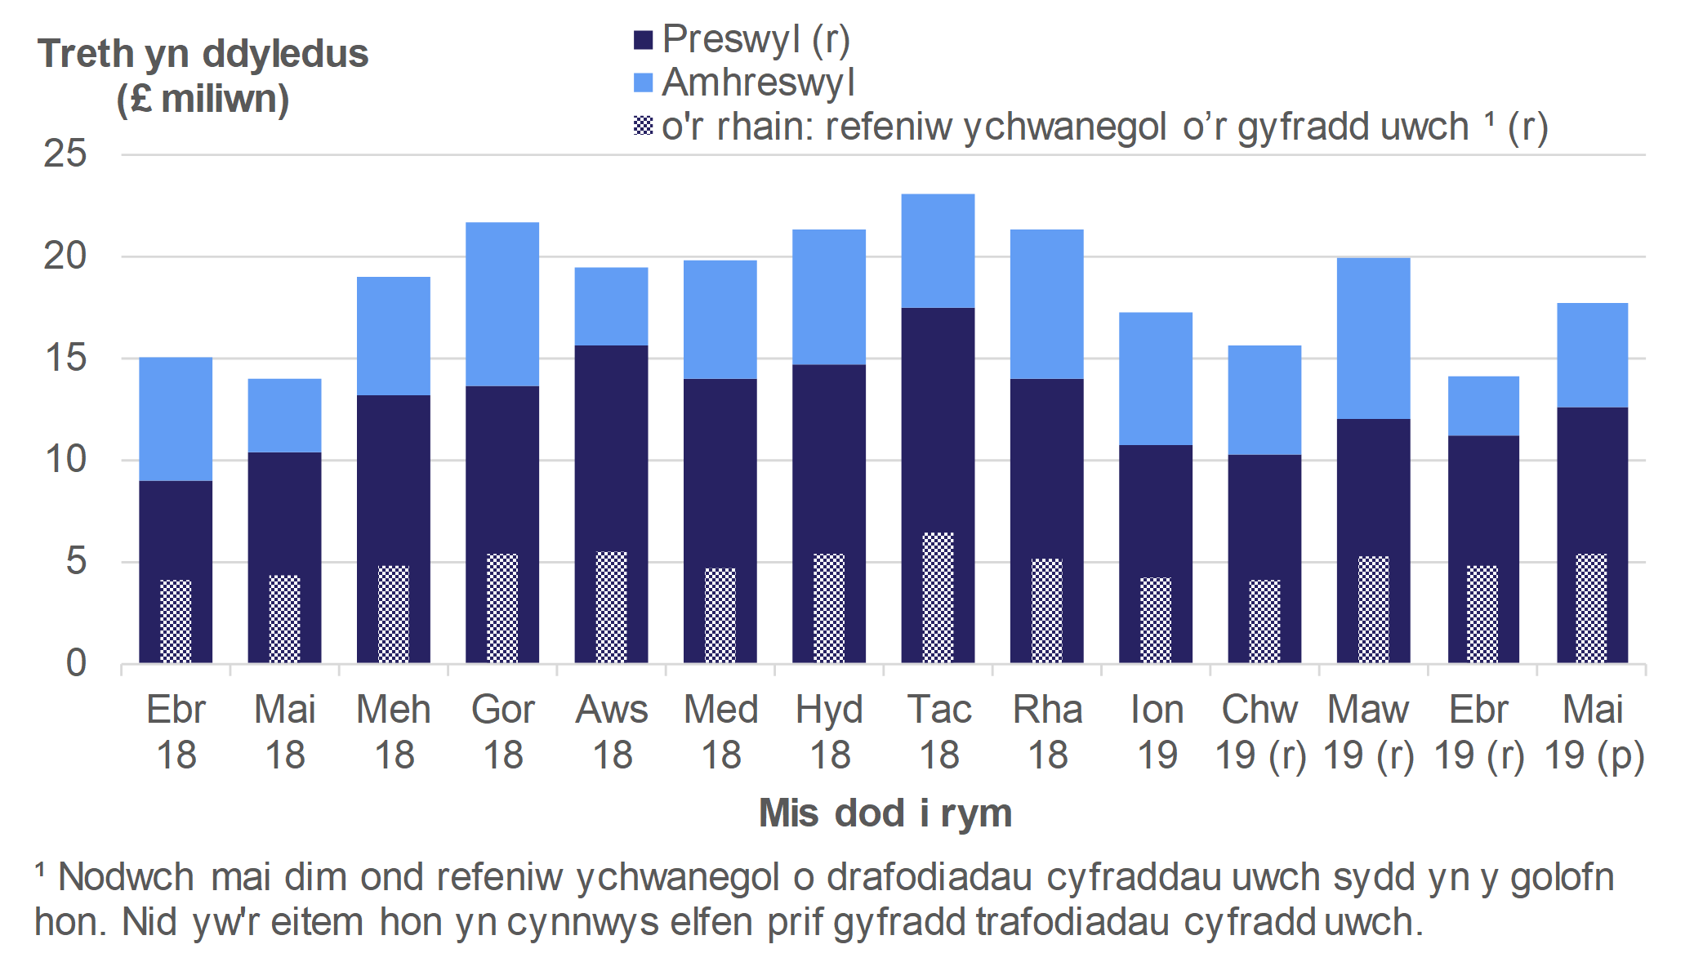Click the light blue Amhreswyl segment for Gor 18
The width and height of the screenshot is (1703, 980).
[x=502, y=304]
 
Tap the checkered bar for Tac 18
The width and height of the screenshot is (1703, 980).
[x=938, y=597]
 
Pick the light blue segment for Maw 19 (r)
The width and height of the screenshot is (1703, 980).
[x=1373, y=338]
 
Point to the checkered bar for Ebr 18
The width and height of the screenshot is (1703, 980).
[x=176, y=621]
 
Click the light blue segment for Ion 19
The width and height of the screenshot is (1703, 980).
[x=1155, y=378]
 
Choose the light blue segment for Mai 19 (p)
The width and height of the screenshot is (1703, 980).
[x=1592, y=355]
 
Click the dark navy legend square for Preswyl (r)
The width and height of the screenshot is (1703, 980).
[x=644, y=40]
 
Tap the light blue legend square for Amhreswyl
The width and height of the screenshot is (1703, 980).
[x=644, y=83]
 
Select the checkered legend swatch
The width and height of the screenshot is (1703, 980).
[x=644, y=126]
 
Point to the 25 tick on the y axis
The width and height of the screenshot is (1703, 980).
[x=65, y=154]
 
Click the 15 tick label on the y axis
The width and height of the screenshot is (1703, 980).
[x=65, y=358]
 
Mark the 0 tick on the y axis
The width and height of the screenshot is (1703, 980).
[x=76, y=663]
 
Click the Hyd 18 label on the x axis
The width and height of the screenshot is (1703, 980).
[x=829, y=732]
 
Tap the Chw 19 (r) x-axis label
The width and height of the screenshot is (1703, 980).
[x=1259, y=732]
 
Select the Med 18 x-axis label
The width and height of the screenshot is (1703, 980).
[x=720, y=732]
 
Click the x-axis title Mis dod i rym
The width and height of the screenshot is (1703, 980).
[x=885, y=813]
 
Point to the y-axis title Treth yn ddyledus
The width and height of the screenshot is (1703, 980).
[x=203, y=55]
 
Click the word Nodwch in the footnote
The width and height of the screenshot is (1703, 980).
[x=126, y=878]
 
